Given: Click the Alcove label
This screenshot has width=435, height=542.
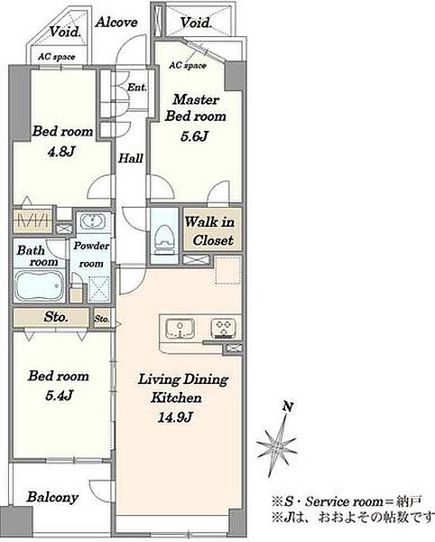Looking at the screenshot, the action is point(116,23).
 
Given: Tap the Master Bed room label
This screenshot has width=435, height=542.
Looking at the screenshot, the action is point(196,107).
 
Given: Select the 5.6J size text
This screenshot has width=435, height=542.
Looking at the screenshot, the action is point(194,136).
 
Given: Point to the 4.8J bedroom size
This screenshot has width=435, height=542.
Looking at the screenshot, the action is point(61,152).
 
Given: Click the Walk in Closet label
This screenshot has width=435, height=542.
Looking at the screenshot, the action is point(210,231).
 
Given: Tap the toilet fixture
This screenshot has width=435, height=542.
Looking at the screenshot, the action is point(164,237).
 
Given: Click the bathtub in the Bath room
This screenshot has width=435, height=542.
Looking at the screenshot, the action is point(40,285).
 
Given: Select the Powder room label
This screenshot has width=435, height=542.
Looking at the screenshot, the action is point(91,255).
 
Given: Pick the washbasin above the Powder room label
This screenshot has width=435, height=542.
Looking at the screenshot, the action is point(92,221).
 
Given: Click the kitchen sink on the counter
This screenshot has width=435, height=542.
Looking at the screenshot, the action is point(180,328).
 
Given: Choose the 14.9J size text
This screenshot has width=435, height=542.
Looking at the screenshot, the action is point(175,418).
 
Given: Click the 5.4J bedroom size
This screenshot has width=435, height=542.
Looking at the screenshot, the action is point(59,396).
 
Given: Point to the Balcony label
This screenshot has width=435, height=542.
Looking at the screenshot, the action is point(53,498).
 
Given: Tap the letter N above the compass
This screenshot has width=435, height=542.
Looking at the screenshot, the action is point(288,406).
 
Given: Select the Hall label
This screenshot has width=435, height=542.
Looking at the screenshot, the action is point(131,158).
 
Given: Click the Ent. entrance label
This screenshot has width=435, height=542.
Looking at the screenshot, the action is point(136,87).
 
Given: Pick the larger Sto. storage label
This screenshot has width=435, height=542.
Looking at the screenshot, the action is point(56,317).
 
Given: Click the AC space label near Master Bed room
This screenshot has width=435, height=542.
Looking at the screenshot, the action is point(188,65).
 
